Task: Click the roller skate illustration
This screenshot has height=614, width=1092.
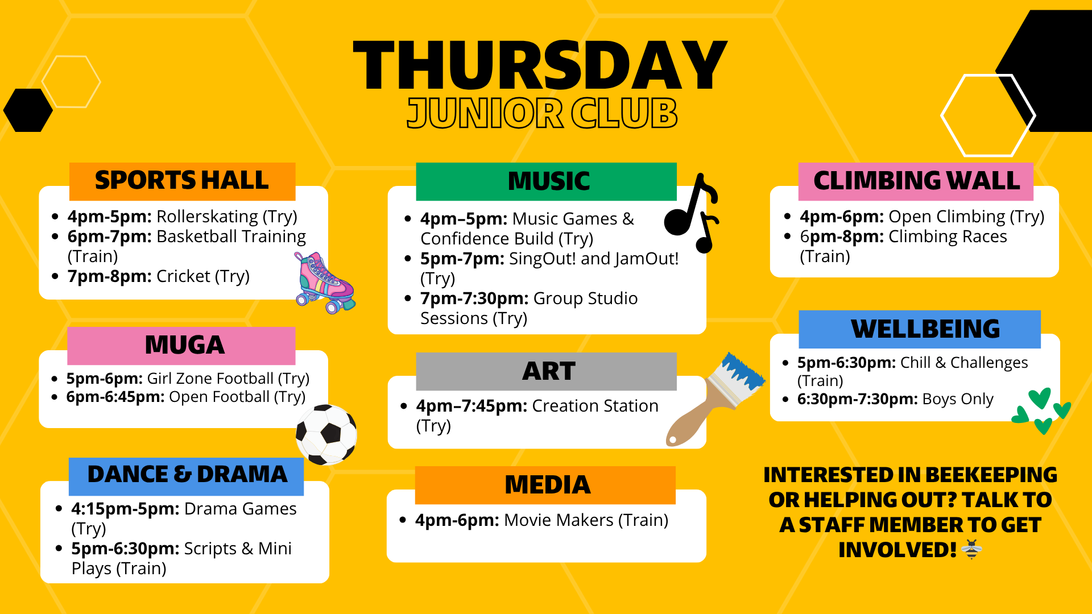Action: tap(325, 283)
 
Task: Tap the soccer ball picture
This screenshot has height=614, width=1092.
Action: tap(326, 434)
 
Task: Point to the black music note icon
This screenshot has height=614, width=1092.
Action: tap(692, 213)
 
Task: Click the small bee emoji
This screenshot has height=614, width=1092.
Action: tap(971, 549)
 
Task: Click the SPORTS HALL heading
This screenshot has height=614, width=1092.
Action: tap(182, 180)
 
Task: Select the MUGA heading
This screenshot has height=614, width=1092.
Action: tap(185, 345)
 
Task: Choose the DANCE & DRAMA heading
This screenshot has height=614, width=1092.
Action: tap(187, 474)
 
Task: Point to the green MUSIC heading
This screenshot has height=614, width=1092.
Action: tap(549, 181)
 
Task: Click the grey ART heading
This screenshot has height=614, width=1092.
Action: tap(549, 371)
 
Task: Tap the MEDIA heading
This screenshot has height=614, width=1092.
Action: tap(547, 484)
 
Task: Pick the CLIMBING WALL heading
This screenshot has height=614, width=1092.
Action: tap(917, 181)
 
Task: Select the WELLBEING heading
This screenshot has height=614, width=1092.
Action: tap(925, 329)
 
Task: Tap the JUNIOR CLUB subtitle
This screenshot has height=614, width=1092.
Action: tap(542, 113)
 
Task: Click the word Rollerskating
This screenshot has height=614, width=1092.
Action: tap(208, 217)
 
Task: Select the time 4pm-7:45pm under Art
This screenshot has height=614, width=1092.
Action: tap(471, 406)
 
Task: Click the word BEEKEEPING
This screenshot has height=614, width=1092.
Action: tap(991, 475)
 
